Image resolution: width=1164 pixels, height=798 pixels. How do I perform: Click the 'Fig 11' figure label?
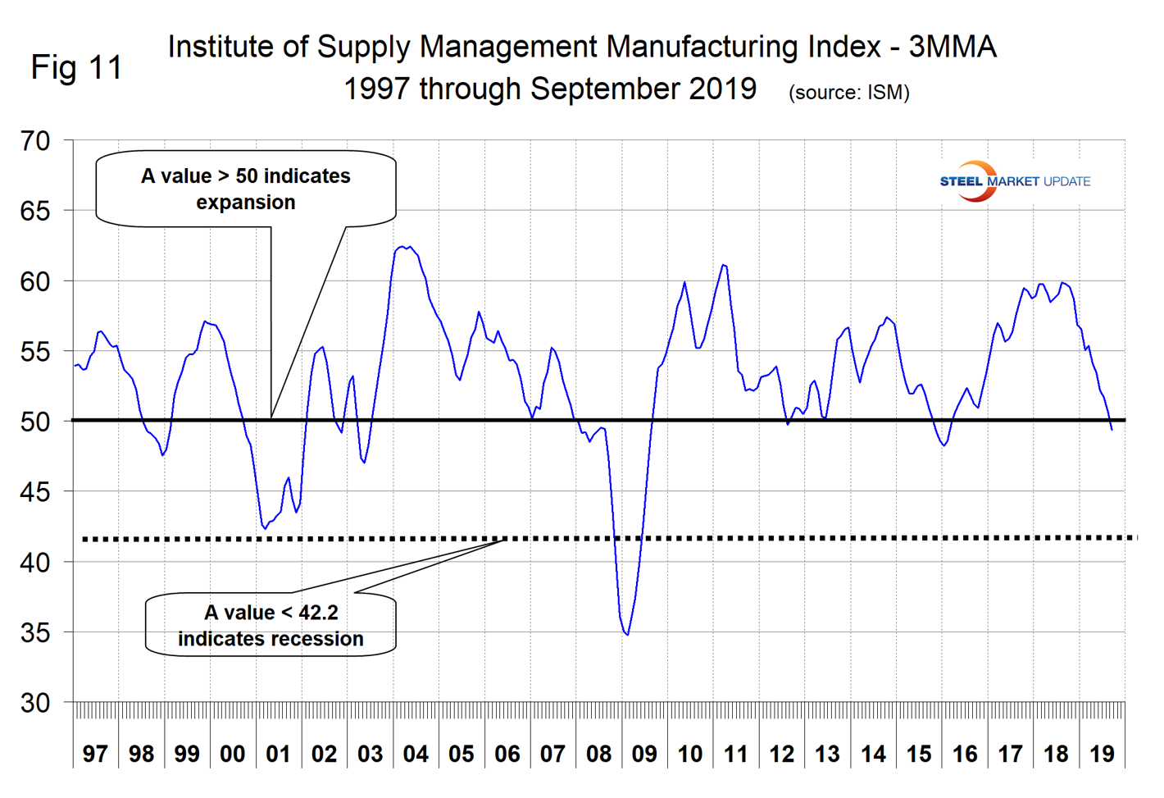(x=76, y=67)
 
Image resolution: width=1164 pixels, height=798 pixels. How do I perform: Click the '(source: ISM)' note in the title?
(x=848, y=93)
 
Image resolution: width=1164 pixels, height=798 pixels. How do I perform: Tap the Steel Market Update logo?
(x=1014, y=181)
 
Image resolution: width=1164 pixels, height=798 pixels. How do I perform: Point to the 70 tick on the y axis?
(x=35, y=141)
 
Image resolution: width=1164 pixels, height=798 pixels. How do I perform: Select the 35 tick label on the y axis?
(x=35, y=632)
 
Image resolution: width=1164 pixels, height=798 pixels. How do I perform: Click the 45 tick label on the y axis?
(x=35, y=492)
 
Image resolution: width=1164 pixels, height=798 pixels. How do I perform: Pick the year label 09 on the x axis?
(x=644, y=754)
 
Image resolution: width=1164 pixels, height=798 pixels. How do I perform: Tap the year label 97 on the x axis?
(x=95, y=754)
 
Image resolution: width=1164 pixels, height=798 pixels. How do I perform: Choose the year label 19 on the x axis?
(x=1102, y=754)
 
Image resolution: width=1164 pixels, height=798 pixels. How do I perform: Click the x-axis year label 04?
(x=416, y=754)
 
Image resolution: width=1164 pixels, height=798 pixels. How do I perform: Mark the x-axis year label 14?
(x=873, y=754)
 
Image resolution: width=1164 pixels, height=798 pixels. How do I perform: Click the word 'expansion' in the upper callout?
(x=246, y=203)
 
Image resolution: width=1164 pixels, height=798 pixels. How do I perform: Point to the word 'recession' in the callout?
(x=319, y=639)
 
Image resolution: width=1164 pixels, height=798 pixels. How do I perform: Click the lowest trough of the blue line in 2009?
(x=627, y=635)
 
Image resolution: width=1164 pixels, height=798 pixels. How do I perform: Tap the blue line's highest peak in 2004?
(x=402, y=246)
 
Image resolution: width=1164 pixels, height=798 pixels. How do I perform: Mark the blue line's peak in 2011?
(x=723, y=265)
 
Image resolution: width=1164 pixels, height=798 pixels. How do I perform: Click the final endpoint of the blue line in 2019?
(x=1112, y=429)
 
